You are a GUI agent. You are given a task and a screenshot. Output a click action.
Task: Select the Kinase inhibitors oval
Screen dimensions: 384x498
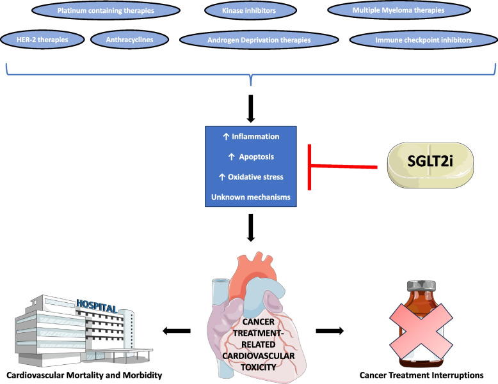[x=250, y=11]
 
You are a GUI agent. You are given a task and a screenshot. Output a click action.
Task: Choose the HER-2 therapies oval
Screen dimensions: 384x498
[x=44, y=40]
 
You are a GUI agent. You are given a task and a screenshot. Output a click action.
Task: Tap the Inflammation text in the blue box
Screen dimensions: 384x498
[x=251, y=136]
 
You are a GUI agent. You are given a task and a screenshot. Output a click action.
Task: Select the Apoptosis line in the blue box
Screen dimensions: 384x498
[x=251, y=156]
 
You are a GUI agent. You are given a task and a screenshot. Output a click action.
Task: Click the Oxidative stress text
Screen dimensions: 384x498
[x=251, y=176]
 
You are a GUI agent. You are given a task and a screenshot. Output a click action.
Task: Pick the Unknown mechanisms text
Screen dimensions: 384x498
[x=251, y=197]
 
